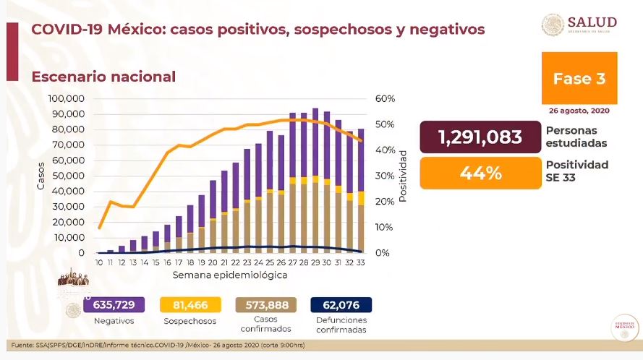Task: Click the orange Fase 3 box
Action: pyautogui.click(x=579, y=78)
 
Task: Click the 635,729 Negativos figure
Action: pyautogui.click(x=114, y=304)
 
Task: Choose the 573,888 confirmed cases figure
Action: pyautogui.click(x=264, y=304)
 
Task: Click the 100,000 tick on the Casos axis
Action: pyautogui.click(x=66, y=98)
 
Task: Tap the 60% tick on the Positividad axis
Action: pyautogui.click(x=384, y=98)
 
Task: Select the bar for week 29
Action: pyautogui.click(x=315, y=181)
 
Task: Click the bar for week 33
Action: pyautogui.click(x=361, y=192)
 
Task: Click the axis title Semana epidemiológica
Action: pyautogui.click(x=230, y=275)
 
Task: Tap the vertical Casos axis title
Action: pyautogui.click(x=41, y=176)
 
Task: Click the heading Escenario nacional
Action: pyautogui.click(x=103, y=76)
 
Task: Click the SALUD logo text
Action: pyautogui.click(x=592, y=21)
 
